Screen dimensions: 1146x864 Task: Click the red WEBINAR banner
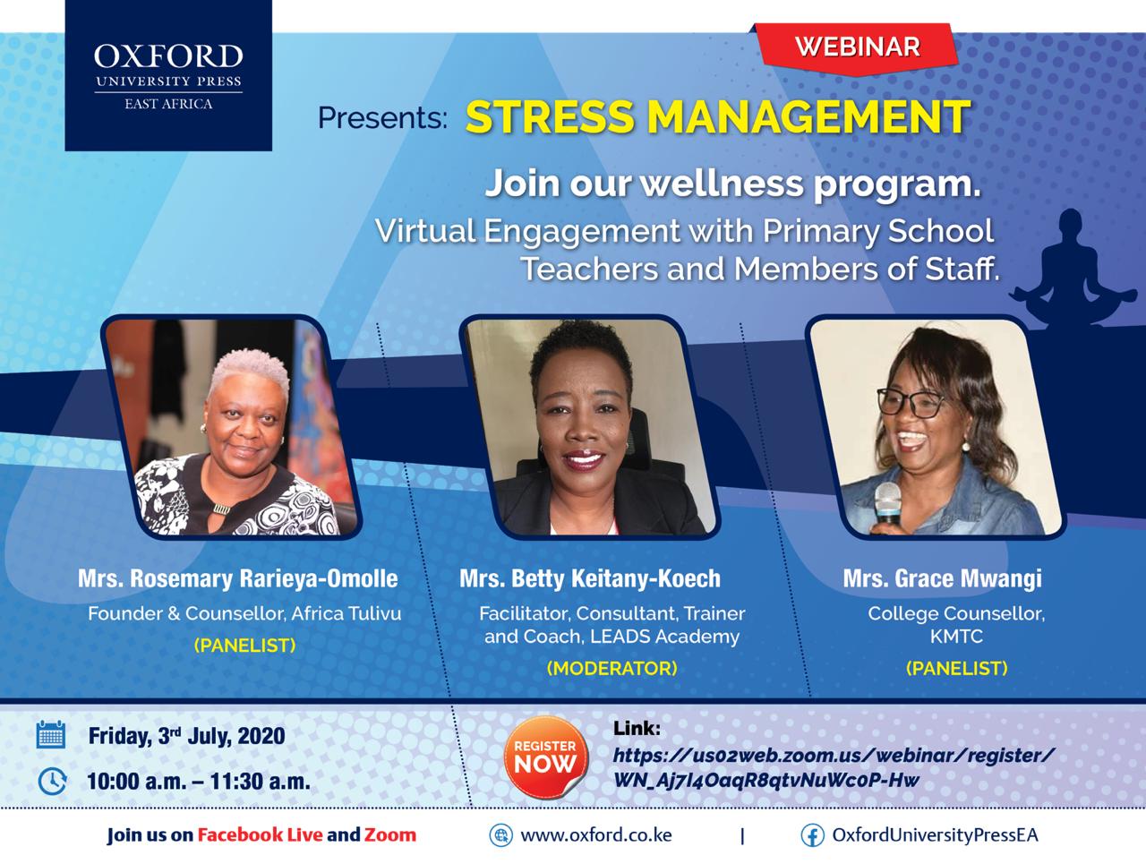[x=856, y=48]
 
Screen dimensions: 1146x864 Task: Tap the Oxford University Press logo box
[x=168, y=76]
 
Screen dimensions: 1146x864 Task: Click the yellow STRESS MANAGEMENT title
[x=718, y=116]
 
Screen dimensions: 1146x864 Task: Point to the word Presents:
[x=382, y=117]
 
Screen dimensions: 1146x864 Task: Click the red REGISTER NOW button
[x=545, y=757]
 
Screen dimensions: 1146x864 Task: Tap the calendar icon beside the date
[x=51, y=734]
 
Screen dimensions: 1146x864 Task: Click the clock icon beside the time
[x=52, y=781]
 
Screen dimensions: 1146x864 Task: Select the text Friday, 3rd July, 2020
[x=187, y=736]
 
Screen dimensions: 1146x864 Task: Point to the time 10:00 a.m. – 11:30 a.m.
[x=199, y=782]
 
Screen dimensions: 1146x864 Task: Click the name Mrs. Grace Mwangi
[x=943, y=578]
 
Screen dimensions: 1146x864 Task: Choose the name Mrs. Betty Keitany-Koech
[x=590, y=578]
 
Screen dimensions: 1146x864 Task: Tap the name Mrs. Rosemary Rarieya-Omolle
[x=238, y=578]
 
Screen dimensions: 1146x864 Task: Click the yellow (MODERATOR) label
[x=611, y=668]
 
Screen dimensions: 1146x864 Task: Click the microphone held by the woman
[x=887, y=503]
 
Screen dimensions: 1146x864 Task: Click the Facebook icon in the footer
[x=813, y=835]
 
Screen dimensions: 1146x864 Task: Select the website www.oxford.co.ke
[x=596, y=835]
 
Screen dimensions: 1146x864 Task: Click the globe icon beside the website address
[x=500, y=835]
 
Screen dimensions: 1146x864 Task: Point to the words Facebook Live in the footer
[x=260, y=834]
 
